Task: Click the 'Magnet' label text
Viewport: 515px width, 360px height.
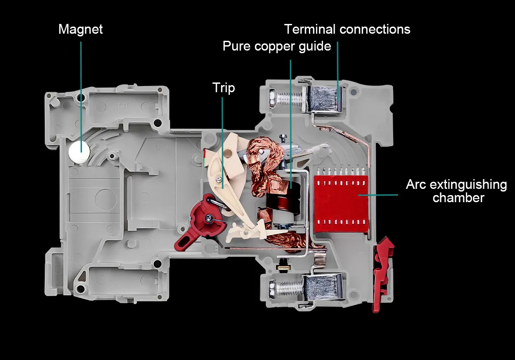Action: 80,29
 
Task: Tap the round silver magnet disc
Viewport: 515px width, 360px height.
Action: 80,152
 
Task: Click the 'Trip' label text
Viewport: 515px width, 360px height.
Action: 223,88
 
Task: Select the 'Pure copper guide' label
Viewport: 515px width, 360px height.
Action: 277,46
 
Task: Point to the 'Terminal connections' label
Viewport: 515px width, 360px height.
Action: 347,29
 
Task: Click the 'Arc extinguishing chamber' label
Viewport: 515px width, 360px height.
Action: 456,191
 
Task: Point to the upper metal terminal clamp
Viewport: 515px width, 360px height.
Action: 324,98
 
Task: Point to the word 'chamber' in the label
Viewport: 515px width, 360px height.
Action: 458,198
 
